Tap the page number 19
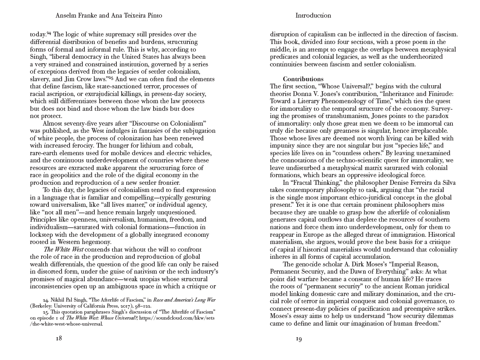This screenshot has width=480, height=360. [x=299, y=339]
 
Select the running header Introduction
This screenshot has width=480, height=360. [x=313, y=16]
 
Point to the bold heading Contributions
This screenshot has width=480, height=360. [x=303, y=79]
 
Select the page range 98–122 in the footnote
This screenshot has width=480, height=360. [x=143, y=306]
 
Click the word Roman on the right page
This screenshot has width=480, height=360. [x=404, y=286]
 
